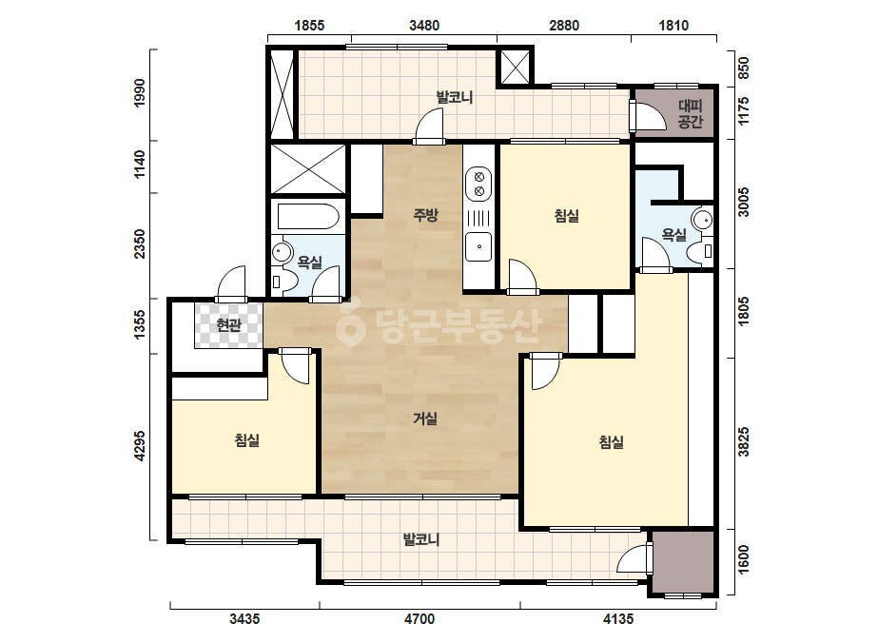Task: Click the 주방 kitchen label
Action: click(x=425, y=215)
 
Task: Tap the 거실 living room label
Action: click(x=425, y=418)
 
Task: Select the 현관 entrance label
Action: click(x=228, y=325)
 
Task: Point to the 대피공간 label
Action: click(x=691, y=114)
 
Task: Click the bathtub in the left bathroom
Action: click(x=308, y=217)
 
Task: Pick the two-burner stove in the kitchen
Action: click(x=478, y=185)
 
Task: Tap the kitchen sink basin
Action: click(x=478, y=246)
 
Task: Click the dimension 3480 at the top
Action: click(x=424, y=25)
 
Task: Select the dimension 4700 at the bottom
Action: click(x=419, y=619)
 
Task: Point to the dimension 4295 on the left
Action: click(x=140, y=446)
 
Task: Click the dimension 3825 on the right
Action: click(x=743, y=442)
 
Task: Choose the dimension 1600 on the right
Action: click(x=743, y=559)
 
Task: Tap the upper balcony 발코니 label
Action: click(x=455, y=97)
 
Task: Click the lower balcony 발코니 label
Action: click(x=421, y=539)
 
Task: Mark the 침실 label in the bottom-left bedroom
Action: click(x=247, y=439)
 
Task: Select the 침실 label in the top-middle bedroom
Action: click(x=567, y=216)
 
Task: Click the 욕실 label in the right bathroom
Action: click(x=673, y=234)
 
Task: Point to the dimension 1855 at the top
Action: click(x=309, y=25)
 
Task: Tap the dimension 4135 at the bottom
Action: click(x=618, y=619)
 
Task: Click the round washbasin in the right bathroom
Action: click(x=703, y=219)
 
